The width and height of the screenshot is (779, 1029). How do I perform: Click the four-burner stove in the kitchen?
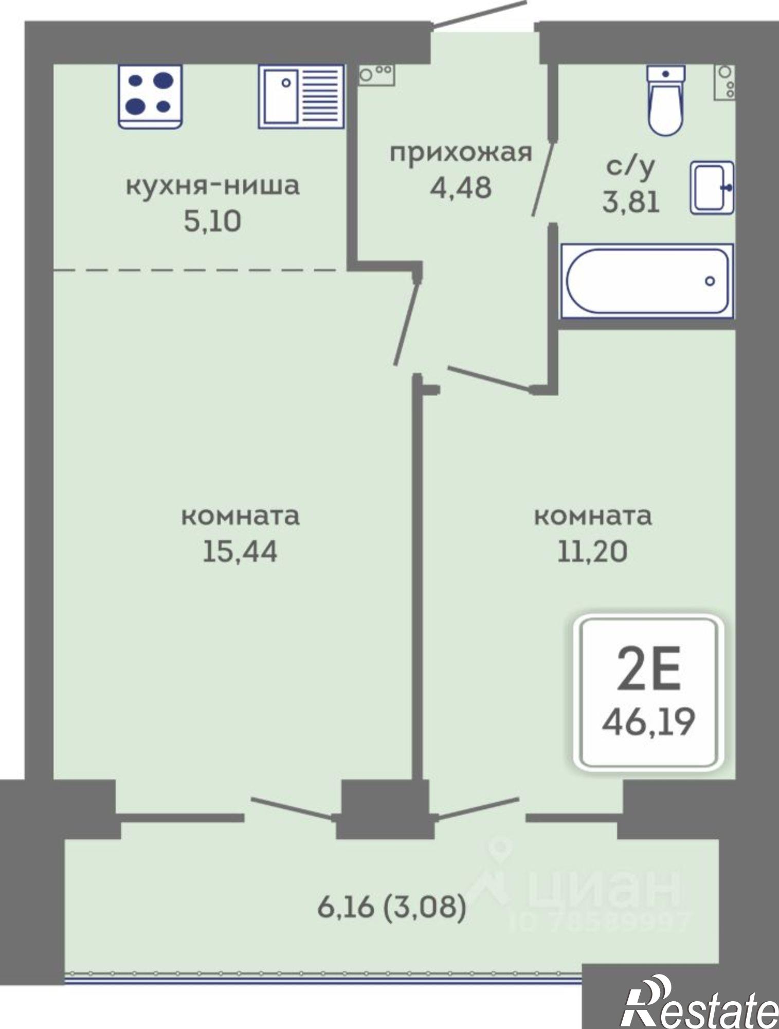(150, 96)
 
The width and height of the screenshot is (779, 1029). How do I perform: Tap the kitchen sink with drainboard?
(301, 96)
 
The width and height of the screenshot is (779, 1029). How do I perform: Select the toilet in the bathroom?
(666, 101)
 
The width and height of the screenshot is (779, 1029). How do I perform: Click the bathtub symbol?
(647, 281)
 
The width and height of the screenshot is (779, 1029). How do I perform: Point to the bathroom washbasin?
(711, 187)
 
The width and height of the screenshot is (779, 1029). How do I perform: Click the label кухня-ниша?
(212, 186)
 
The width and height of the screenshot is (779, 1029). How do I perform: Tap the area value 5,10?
(212, 222)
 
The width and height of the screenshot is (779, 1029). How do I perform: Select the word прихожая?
(460, 153)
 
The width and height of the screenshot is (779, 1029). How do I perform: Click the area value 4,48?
(461, 188)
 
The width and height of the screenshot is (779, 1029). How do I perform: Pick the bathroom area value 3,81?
(631, 202)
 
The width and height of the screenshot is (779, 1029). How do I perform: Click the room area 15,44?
(240, 552)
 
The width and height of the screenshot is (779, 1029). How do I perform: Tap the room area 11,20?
(592, 552)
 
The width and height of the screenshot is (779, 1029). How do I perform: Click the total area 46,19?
(648, 722)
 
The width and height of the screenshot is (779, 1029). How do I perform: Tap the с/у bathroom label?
(631, 166)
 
